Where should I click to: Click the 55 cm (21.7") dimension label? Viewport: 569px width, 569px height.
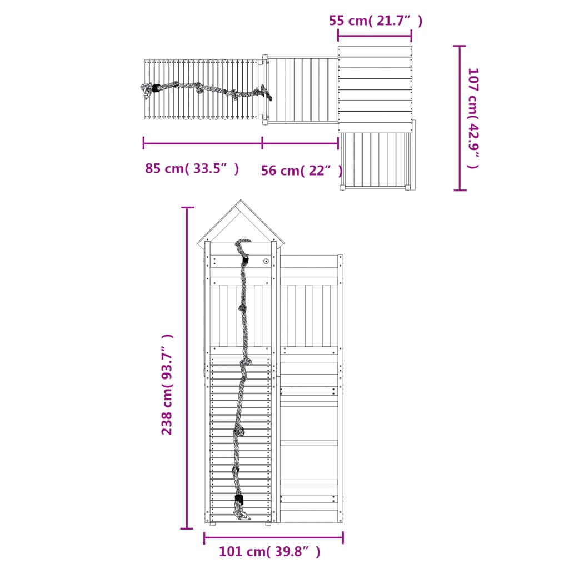[376, 21]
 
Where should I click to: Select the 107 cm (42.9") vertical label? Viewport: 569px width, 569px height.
[473, 118]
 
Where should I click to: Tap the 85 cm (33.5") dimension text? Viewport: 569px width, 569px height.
[192, 168]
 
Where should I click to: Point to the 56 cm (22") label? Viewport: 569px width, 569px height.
[302, 171]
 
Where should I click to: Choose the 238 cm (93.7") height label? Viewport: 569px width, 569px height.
[167, 384]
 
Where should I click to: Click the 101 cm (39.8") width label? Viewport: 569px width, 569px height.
[269, 552]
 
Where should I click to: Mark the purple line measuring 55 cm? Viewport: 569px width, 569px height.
[375, 36]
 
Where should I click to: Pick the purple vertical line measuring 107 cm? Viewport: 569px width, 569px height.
[460, 118]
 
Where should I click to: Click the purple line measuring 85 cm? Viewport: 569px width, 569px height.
[203, 143]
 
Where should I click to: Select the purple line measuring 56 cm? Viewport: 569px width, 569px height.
[300, 143]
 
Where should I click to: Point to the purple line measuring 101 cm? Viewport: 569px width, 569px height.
[273, 537]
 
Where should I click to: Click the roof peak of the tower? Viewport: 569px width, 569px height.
[241, 201]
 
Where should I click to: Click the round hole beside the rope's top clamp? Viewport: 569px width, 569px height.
[266, 261]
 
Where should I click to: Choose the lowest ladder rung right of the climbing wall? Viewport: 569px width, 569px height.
[310, 482]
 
